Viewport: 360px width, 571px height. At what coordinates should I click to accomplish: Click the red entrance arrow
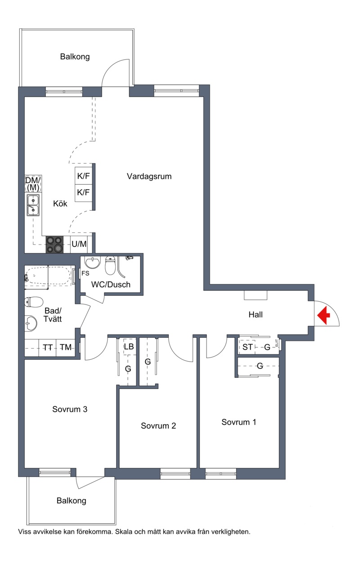pyautogui.click(x=324, y=316)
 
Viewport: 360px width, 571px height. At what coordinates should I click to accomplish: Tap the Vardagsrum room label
pyautogui.click(x=149, y=177)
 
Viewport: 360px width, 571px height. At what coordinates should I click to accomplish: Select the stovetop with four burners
pyautogui.click(x=54, y=245)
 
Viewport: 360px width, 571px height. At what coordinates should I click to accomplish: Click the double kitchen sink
pyautogui.click(x=33, y=205)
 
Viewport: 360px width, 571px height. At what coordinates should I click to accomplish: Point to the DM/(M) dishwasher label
pyautogui.click(x=33, y=184)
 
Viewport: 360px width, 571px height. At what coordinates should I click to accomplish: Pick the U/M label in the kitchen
pyautogui.click(x=79, y=244)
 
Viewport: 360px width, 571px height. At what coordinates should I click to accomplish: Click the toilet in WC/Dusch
pyautogui.click(x=110, y=266)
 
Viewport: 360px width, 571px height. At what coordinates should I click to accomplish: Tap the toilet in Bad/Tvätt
pyautogui.click(x=34, y=302)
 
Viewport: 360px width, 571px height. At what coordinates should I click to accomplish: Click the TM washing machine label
pyautogui.click(x=66, y=347)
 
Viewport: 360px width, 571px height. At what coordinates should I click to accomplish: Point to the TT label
pyautogui.click(x=48, y=348)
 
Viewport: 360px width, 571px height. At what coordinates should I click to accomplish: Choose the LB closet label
pyautogui.click(x=129, y=347)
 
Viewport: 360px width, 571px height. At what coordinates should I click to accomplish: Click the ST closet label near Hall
pyautogui.click(x=247, y=347)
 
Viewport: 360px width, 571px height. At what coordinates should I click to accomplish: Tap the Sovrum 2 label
pyautogui.click(x=158, y=426)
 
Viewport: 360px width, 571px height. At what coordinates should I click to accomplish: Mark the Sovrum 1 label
pyautogui.click(x=239, y=422)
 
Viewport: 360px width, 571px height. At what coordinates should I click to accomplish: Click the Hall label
pyautogui.click(x=256, y=315)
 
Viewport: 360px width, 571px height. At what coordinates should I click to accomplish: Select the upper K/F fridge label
pyautogui.click(x=84, y=176)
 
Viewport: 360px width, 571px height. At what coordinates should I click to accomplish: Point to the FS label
pyautogui.click(x=85, y=273)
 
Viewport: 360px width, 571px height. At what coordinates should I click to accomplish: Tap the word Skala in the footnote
pyautogui.click(x=123, y=532)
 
